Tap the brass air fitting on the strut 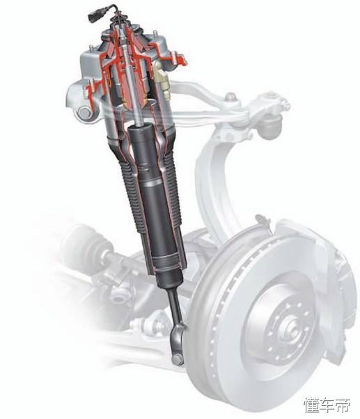[162, 79]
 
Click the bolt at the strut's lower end [178, 358]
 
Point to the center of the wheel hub [291, 331]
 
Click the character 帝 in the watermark [342, 404]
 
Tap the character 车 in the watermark [327, 404]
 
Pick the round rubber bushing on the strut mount [84, 113]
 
